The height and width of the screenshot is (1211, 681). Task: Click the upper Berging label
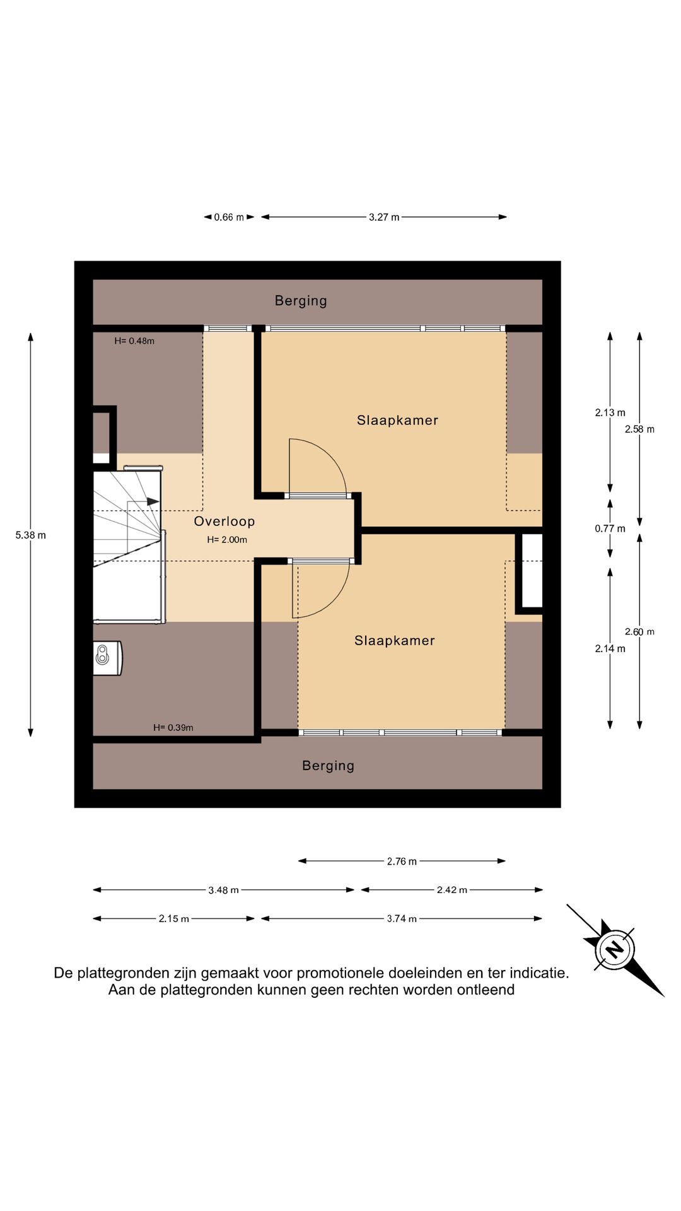[301, 301]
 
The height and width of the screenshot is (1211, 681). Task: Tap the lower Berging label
[328, 766]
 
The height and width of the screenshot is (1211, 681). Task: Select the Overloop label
[224, 521]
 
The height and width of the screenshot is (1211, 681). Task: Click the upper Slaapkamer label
[397, 420]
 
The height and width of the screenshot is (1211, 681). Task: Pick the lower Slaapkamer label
[395, 641]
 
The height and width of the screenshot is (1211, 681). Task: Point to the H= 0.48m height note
[134, 341]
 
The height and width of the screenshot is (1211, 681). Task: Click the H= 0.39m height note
[173, 728]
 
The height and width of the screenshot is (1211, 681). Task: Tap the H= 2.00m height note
[227, 540]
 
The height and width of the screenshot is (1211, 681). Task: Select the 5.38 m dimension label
[31, 535]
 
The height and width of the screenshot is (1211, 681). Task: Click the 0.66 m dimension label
[229, 217]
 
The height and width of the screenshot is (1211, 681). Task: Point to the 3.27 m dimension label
[384, 217]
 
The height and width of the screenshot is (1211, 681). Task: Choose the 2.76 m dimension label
[402, 862]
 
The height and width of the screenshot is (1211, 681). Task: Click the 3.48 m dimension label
[224, 891]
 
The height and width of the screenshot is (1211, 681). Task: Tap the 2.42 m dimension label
[452, 890]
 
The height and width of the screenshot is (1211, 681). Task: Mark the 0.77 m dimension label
[610, 529]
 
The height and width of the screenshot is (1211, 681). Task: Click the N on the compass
[614, 949]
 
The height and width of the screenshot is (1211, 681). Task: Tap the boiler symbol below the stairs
[107, 658]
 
